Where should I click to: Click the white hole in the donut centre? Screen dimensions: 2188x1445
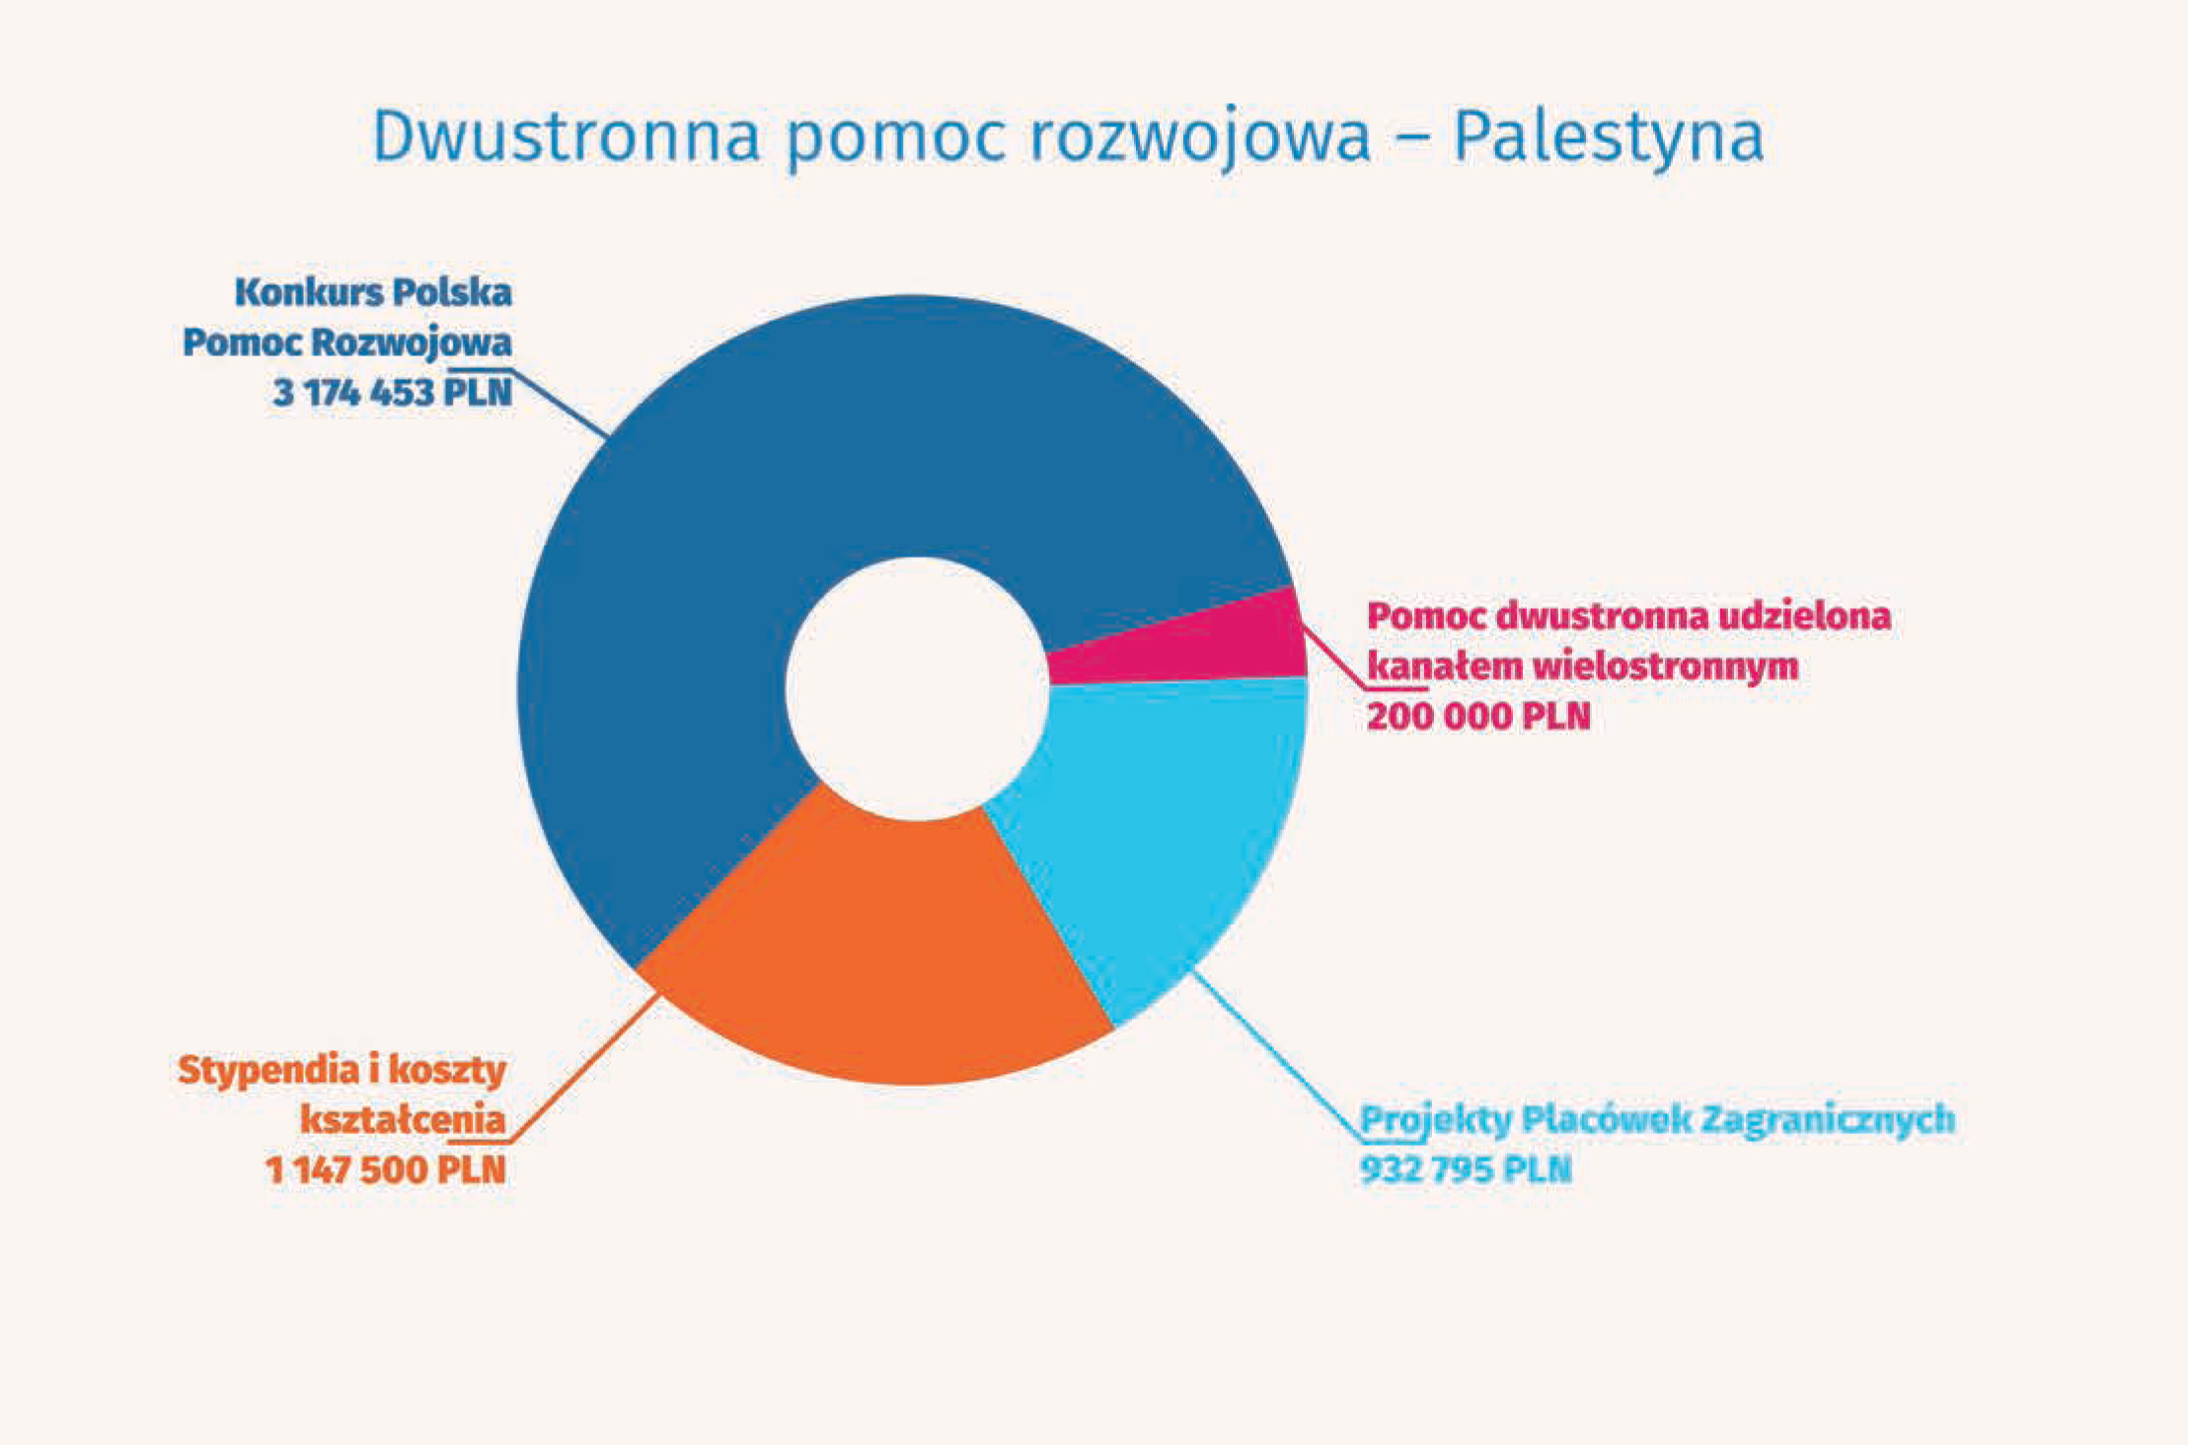(x=917, y=689)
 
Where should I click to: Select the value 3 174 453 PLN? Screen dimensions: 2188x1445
(x=392, y=393)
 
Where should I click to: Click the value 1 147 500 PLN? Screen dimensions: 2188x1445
(x=386, y=1171)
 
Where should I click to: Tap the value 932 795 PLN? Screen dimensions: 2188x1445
(x=1466, y=1170)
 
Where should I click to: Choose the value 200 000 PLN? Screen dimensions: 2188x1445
(x=1478, y=717)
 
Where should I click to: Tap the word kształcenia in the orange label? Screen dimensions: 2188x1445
(x=403, y=1120)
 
